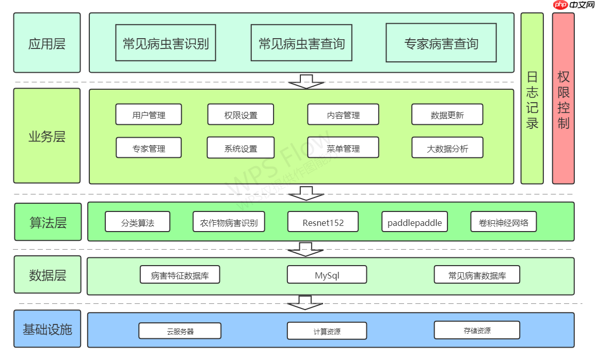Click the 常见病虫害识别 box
[x=166, y=43]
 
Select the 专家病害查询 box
[x=441, y=43]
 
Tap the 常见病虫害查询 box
[x=301, y=43]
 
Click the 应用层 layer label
[x=47, y=43]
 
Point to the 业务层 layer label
[x=47, y=136]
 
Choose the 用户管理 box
[x=149, y=114]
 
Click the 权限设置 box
[x=240, y=114]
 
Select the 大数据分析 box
[x=447, y=148]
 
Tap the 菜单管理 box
[x=343, y=148]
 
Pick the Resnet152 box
[x=323, y=222]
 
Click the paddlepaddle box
[x=414, y=222]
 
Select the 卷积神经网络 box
[x=503, y=222]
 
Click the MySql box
[x=327, y=275]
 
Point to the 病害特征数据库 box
[x=180, y=275]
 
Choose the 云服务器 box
[x=180, y=331]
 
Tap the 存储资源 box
[x=476, y=330]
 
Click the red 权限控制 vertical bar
[x=563, y=99]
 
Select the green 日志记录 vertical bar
[x=532, y=99]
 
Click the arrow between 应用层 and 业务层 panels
[x=306, y=81]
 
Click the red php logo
[x=560, y=5]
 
